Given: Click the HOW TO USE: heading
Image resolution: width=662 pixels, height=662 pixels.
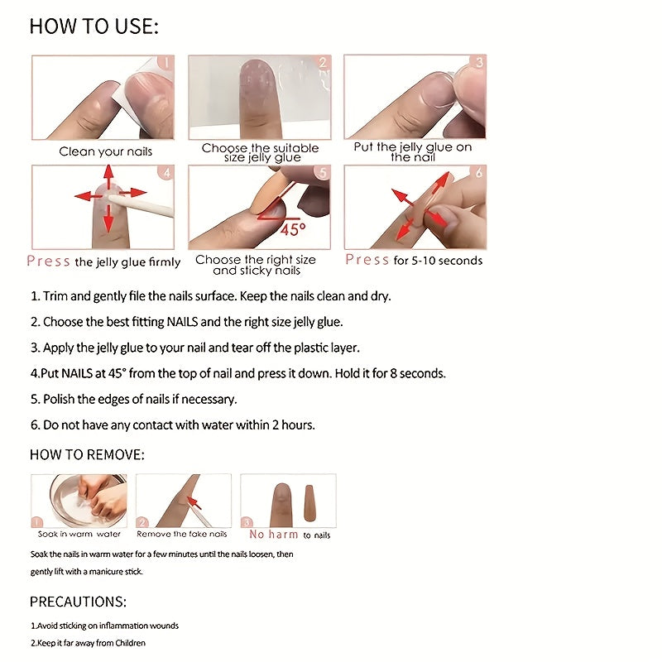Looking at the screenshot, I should tap(94, 27).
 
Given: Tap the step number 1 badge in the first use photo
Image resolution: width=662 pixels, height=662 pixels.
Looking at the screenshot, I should tap(165, 63).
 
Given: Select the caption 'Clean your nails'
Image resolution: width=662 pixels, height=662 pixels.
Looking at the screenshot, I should tap(105, 152).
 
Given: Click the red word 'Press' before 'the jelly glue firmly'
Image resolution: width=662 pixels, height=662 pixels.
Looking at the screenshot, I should tap(49, 261).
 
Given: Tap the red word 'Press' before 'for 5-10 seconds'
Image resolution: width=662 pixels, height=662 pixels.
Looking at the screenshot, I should tap(367, 260).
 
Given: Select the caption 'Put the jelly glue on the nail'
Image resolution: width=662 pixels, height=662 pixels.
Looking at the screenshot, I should tap(413, 152).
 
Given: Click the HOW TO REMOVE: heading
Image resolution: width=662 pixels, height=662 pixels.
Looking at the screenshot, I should tap(87, 455).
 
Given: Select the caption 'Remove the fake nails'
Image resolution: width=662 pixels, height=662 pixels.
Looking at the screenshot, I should tap(182, 535).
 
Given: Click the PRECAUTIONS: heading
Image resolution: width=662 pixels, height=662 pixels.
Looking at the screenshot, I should tap(78, 602).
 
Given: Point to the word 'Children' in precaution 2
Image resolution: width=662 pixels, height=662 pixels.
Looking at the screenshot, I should tap(128, 643).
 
